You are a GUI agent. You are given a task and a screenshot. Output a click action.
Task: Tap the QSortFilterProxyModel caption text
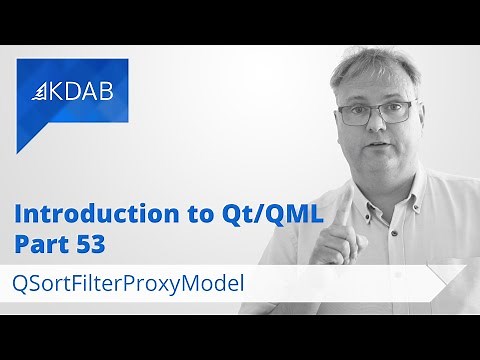pos(130,282)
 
